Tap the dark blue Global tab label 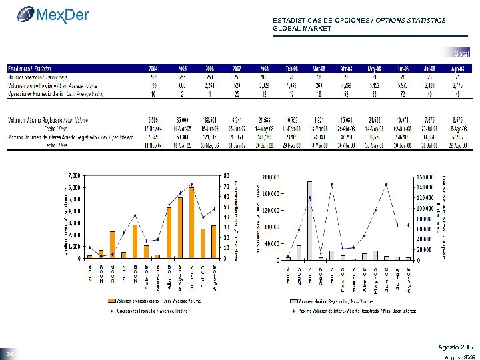pyautogui.click(x=462, y=53)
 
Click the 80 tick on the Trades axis pyautogui.click(x=227, y=176)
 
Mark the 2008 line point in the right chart pyautogui.click(x=332, y=184)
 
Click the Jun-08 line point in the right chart pyautogui.click(x=387, y=184)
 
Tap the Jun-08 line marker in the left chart pyautogui.click(x=191, y=184)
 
